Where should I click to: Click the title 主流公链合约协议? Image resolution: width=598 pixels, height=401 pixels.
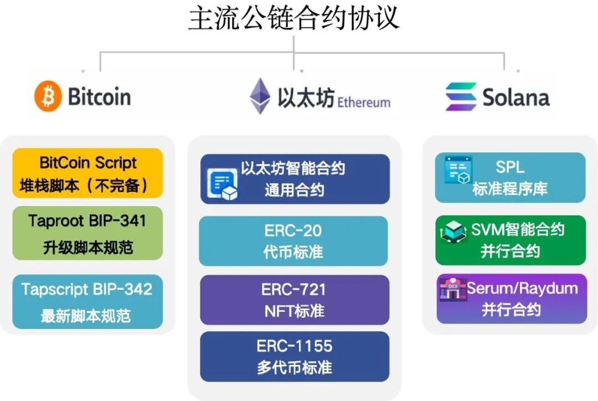293,18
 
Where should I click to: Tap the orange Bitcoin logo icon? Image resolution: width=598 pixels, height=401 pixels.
48,96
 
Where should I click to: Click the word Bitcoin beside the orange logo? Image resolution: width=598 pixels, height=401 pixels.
100,97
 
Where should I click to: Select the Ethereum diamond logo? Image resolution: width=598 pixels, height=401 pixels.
260,96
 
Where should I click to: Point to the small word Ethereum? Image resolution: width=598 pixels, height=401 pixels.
364,102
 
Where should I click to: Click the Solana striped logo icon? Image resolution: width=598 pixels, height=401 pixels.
461,97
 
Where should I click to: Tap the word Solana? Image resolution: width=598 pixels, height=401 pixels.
516,97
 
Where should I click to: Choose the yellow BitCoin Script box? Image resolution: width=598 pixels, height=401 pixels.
87,173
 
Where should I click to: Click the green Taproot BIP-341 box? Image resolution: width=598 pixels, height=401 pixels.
87,233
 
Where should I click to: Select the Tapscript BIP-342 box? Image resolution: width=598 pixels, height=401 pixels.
87,302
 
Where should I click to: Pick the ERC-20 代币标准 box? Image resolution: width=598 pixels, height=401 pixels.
293,241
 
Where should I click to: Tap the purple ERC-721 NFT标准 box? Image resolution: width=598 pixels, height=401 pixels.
293,300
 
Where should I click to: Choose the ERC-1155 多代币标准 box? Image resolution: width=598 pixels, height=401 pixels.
295,357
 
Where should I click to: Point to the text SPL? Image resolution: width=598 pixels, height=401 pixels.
509,167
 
